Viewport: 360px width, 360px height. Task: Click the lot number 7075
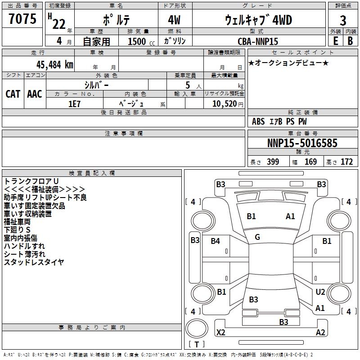coord(22,19)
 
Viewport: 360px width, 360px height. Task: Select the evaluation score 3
coord(343,20)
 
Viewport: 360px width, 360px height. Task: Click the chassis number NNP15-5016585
coord(302,144)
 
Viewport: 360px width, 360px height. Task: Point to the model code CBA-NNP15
coord(258,41)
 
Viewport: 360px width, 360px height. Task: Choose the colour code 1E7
coord(74,103)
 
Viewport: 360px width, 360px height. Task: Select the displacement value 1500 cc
coord(137,41)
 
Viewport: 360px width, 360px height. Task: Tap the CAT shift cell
coord(13,94)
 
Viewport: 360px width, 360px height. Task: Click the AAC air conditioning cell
coord(35,94)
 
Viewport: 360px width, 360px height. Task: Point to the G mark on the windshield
coord(257,237)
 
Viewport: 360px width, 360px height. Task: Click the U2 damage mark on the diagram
coord(320,292)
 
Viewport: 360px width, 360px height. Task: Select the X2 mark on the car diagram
coord(221,333)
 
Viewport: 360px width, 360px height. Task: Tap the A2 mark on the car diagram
coord(320,333)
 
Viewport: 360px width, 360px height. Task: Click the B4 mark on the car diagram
coord(216,241)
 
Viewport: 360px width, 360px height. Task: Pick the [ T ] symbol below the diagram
coord(196,344)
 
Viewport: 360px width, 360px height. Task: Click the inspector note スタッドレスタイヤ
coord(34,262)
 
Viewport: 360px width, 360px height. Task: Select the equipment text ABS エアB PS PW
coord(280,121)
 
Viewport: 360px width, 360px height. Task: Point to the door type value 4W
coord(175,20)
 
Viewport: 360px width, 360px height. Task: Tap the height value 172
coord(346,162)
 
